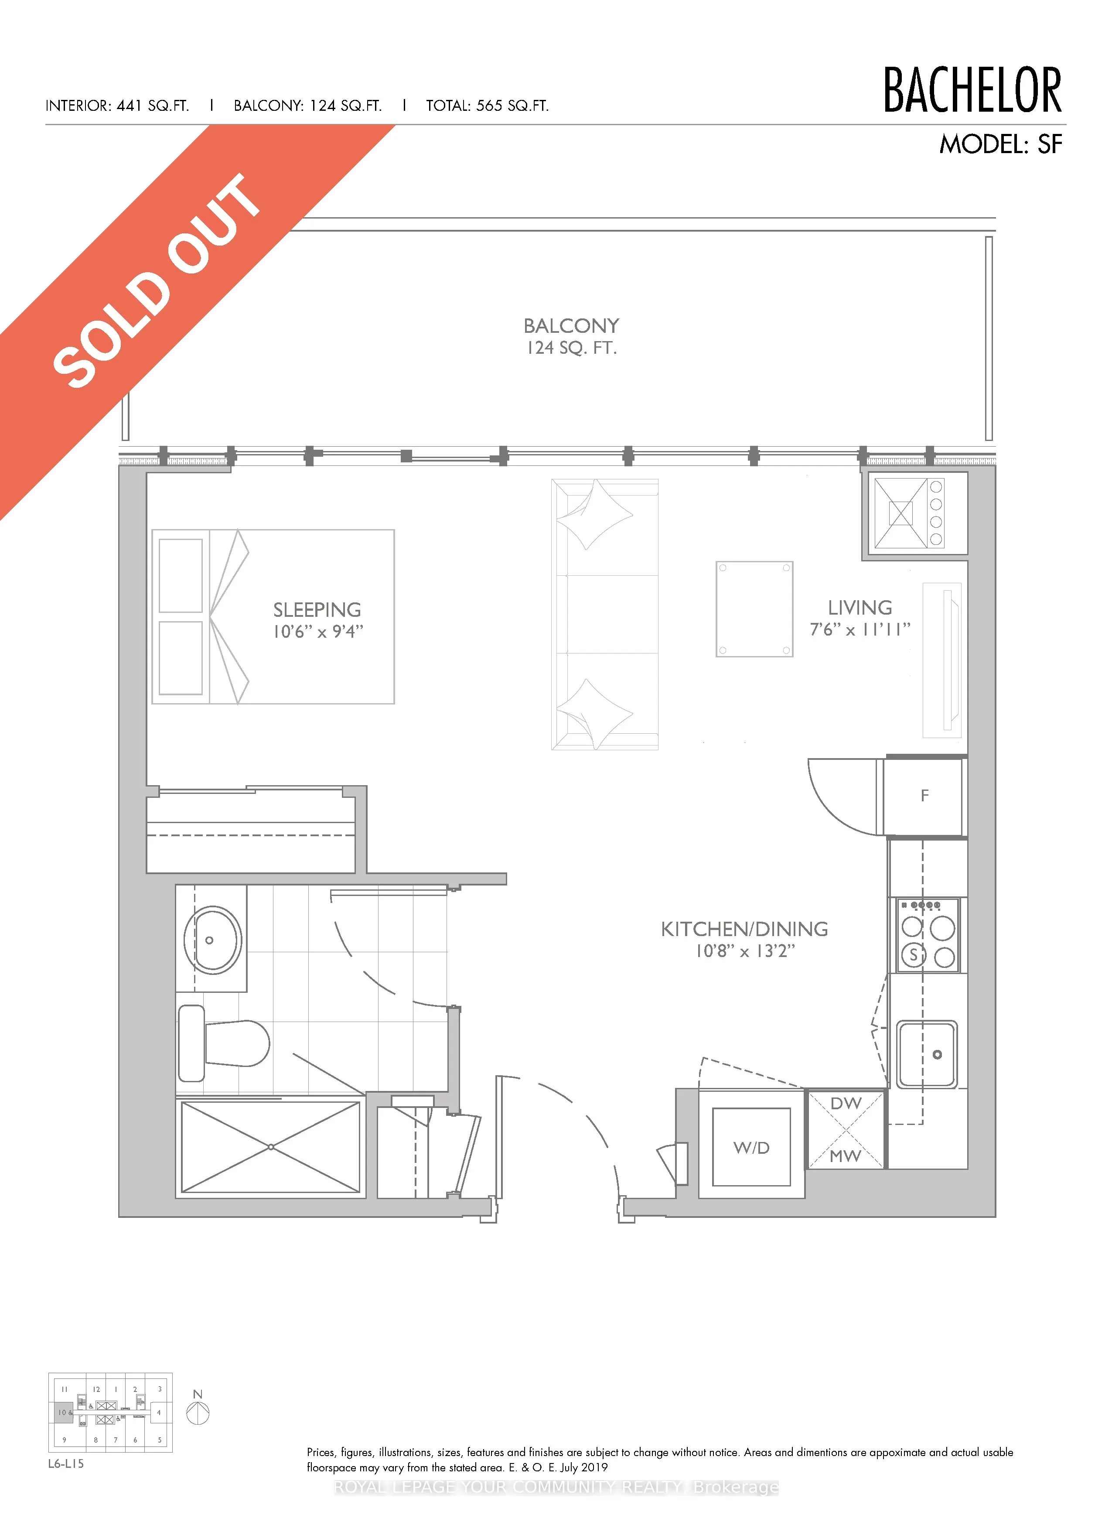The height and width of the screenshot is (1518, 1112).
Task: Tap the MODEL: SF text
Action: click(1000, 144)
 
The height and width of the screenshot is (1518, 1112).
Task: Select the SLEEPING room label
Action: click(317, 610)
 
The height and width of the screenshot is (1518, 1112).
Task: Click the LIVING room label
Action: click(860, 608)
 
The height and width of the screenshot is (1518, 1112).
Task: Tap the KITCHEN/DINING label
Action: click(744, 929)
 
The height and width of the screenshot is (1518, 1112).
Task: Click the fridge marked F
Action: click(924, 796)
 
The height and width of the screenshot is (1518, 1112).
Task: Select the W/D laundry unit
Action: click(751, 1148)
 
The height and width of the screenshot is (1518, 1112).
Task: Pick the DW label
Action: click(846, 1103)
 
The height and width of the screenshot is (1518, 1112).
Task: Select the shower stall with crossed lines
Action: click(271, 1147)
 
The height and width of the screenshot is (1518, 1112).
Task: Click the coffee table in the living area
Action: click(754, 609)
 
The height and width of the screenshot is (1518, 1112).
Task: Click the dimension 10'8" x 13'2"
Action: click(745, 951)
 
